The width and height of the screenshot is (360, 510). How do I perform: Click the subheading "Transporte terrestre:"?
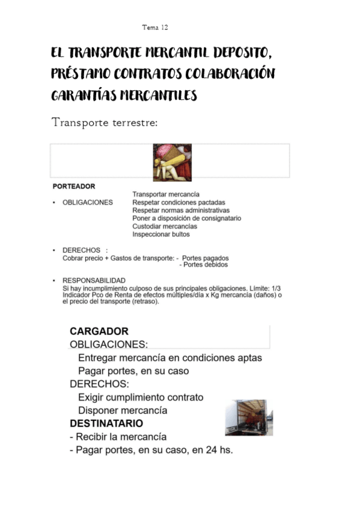[105, 123]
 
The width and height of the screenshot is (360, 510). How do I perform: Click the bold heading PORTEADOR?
[74, 186]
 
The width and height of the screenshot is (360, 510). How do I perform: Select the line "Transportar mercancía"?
[166, 195]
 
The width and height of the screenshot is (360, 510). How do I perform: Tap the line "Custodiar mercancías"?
[164, 227]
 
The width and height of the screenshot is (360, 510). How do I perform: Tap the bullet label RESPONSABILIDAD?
[94, 281]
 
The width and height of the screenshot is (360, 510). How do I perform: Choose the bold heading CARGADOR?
[99, 331]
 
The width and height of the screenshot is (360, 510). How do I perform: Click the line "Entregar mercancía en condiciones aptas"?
[170, 358]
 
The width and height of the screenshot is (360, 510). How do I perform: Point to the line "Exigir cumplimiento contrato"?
[141, 398]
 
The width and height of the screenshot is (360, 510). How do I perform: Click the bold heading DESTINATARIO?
[106, 423]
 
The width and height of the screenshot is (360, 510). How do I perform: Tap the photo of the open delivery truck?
[248, 417]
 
